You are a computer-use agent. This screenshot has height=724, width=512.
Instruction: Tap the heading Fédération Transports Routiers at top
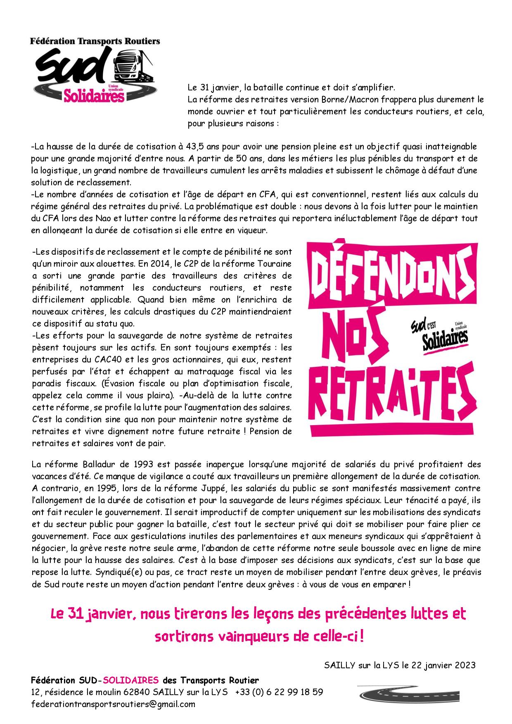tap(95, 41)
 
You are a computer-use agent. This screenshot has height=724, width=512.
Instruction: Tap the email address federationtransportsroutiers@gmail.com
tap(113, 704)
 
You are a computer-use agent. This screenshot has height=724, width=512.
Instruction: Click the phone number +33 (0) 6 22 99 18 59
tap(279, 692)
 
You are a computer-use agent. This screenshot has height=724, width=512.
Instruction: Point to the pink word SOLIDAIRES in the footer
tap(131, 680)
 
